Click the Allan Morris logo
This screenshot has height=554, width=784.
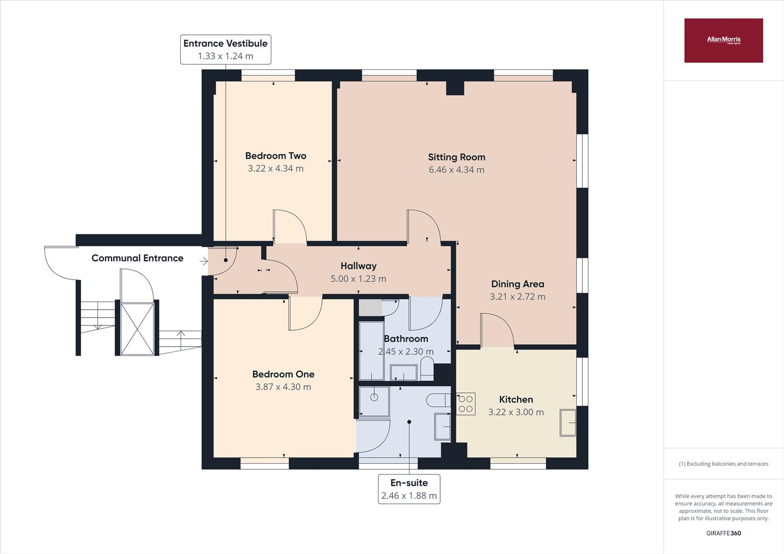[723, 40]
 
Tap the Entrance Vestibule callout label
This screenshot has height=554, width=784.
[225, 49]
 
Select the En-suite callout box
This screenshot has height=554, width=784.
[409, 489]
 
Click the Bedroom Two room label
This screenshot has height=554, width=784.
[276, 156]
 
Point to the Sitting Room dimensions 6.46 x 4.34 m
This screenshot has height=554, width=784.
[456, 170]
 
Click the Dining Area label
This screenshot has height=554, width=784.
[517, 284]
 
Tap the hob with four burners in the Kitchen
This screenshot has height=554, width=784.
[466, 404]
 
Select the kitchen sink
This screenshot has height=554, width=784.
[567, 422]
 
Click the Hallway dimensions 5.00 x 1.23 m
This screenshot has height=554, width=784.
[358, 279]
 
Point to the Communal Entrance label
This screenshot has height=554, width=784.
[137, 258]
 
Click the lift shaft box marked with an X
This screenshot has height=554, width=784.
[137, 328]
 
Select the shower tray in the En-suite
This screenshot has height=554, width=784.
[374, 401]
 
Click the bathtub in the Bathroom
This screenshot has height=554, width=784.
[371, 351]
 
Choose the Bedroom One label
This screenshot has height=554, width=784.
[283, 374]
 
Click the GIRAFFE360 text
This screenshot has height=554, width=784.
[723, 533]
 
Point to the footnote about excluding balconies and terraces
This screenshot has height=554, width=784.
[723, 464]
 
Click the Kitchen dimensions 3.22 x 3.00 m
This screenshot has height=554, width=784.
[516, 412]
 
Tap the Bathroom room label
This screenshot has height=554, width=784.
[406, 339]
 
